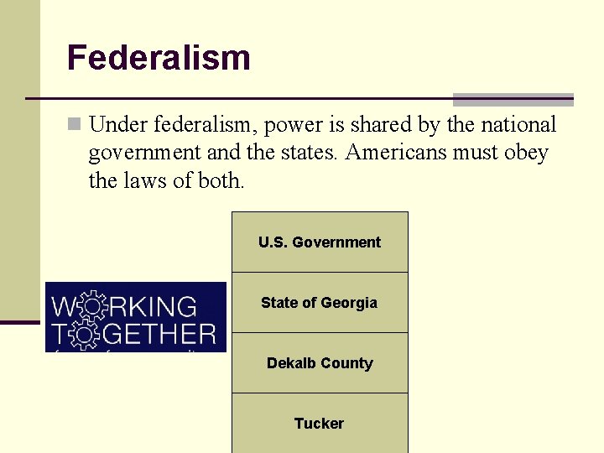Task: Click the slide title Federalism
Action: coord(159,58)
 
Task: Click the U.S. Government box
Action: coord(320,242)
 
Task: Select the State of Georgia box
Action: coord(320,303)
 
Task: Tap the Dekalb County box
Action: coord(320,363)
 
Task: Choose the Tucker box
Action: coord(320,424)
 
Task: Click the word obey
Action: coord(527,153)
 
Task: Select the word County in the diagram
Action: coord(346,363)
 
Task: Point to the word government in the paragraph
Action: coord(142,153)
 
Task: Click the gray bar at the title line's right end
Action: coord(513,98)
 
